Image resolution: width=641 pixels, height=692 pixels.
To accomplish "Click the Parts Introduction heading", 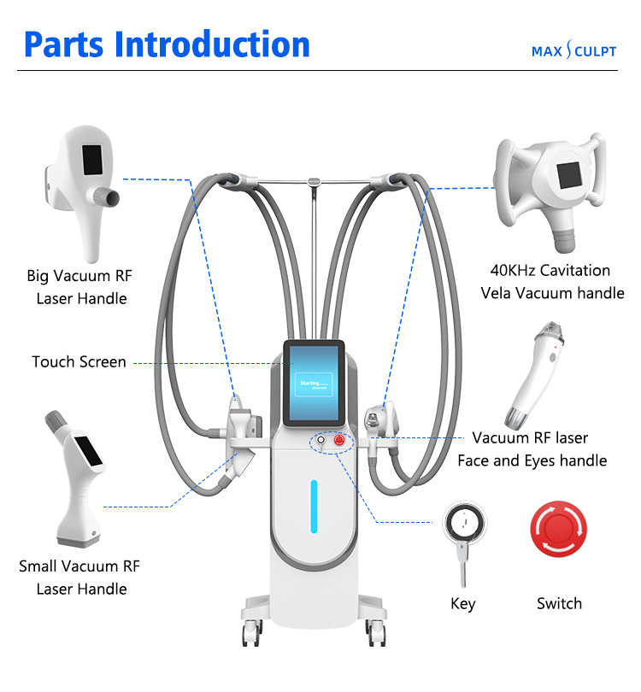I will [167, 44].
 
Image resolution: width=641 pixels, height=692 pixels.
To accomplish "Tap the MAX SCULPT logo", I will [573, 51].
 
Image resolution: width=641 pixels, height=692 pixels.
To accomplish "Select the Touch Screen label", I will [79, 361].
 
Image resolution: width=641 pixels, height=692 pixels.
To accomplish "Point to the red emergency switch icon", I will [559, 531].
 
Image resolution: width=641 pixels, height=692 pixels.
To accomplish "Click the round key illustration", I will [462, 523].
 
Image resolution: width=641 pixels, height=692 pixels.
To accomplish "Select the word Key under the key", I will [462, 604].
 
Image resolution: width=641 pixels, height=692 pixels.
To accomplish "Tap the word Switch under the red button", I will [559, 603].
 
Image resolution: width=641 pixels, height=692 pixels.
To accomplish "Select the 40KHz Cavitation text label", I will [550, 271].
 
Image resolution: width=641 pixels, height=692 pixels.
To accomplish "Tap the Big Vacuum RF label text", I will [80, 276].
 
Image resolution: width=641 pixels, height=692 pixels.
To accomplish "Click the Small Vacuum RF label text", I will [79, 566].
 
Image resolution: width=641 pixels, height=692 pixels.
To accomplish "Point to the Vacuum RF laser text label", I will [531, 438].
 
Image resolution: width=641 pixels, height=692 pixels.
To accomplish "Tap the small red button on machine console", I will [339, 441].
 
